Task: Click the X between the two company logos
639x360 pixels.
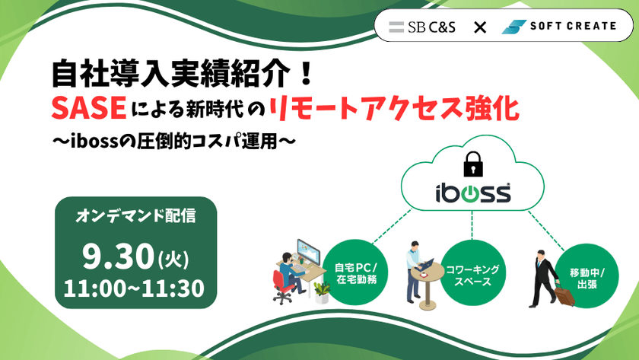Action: pos(480,27)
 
